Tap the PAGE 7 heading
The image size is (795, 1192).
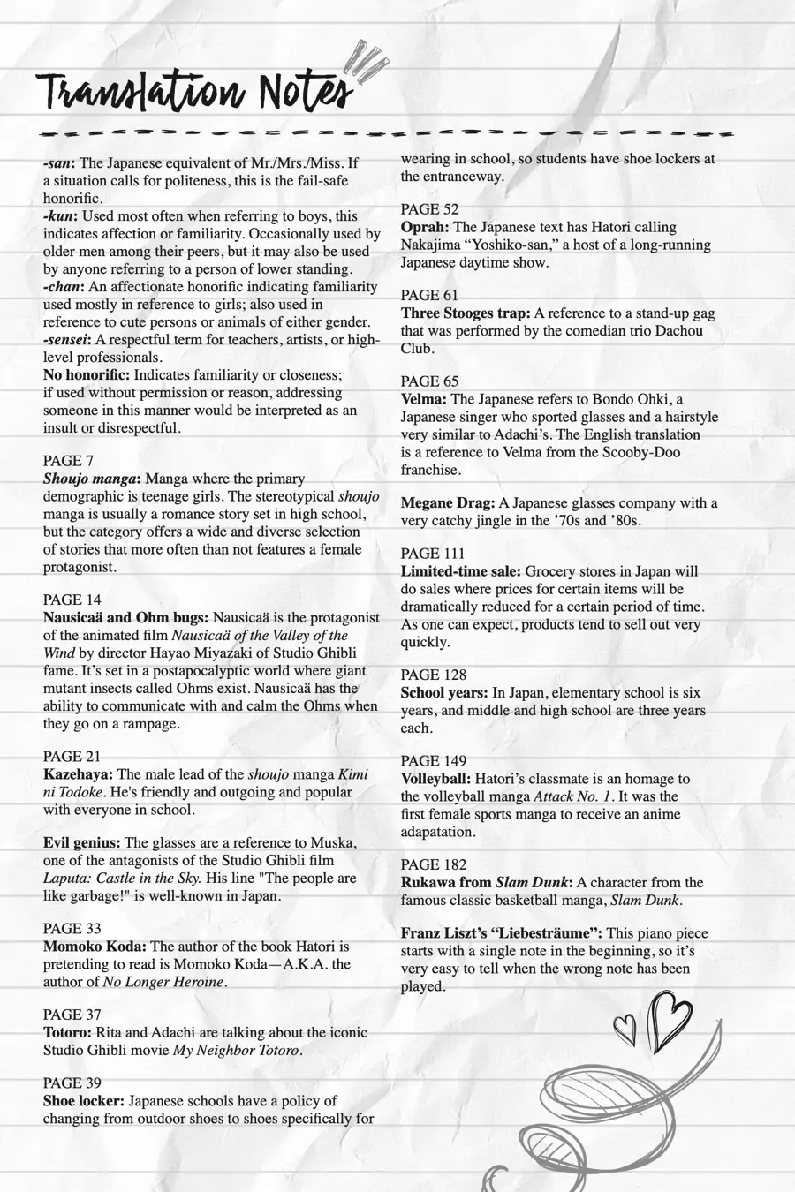click(68, 461)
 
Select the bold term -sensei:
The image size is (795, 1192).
click(68, 340)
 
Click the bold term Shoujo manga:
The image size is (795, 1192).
click(93, 479)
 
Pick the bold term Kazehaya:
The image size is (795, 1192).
click(78, 774)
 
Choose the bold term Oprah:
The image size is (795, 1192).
click(426, 227)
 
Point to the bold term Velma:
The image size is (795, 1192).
click(424, 399)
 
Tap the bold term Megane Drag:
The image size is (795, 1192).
click(448, 503)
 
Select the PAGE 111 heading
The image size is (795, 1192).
click(433, 554)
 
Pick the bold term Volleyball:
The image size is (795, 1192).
click(436, 779)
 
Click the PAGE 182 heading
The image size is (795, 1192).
click(433, 864)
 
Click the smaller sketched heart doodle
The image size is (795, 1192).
click(625, 1026)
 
